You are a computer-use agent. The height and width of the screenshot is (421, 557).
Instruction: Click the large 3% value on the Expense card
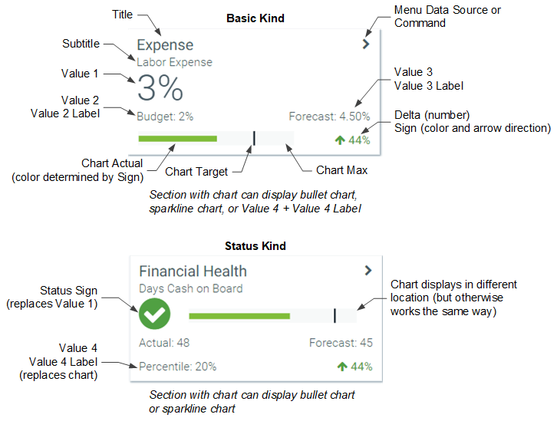pyautogui.click(x=160, y=90)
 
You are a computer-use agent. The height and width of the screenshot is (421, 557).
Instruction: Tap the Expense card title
pyautogui.click(x=165, y=45)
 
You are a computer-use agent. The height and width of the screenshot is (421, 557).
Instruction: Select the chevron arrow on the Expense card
pyautogui.click(x=366, y=44)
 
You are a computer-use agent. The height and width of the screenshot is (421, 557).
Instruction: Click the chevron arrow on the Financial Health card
pyautogui.click(x=368, y=270)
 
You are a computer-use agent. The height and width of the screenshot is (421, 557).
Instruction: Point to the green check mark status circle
pyautogui.click(x=154, y=314)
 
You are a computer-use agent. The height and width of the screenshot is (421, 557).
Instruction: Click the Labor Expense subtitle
pyautogui.click(x=174, y=62)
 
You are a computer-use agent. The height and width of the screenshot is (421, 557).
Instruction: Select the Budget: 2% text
pyautogui.click(x=165, y=117)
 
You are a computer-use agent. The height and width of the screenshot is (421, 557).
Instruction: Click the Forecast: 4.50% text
pyautogui.click(x=331, y=117)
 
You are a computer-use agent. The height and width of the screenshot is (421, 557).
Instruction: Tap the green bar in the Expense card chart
pyautogui.click(x=177, y=139)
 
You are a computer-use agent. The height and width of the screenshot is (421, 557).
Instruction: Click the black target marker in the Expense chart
pyautogui.click(x=254, y=138)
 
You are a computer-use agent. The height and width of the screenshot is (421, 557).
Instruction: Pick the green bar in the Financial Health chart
pyautogui.click(x=239, y=315)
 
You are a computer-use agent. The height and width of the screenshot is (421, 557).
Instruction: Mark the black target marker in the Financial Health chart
pyautogui.click(x=335, y=315)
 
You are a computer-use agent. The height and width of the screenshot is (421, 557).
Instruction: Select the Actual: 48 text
pyautogui.click(x=164, y=343)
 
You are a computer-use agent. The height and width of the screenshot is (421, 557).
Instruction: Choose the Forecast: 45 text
pyautogui.click(x=341, y=343)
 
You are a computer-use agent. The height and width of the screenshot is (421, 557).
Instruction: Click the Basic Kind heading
pyautogui.click(x=255, y=18)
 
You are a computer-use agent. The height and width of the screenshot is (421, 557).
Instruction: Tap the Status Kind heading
pyautogui.click(x=255, y=246)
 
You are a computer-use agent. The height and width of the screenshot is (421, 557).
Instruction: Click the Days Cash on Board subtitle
pyautogui.click(x=191, y=288)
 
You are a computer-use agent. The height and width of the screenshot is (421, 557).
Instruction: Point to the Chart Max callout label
pyautogui.click(x=341, y=169)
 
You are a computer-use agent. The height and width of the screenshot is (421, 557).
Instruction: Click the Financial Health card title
pyautogui.click(x=193, y=271)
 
